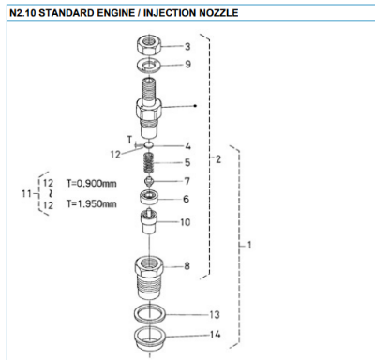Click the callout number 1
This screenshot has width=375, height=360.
click(249, 246)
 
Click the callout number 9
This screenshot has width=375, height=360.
click(187, 65)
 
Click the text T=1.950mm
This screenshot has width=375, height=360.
click(92, 202)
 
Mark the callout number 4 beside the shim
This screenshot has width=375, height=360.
click(187, 145)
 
